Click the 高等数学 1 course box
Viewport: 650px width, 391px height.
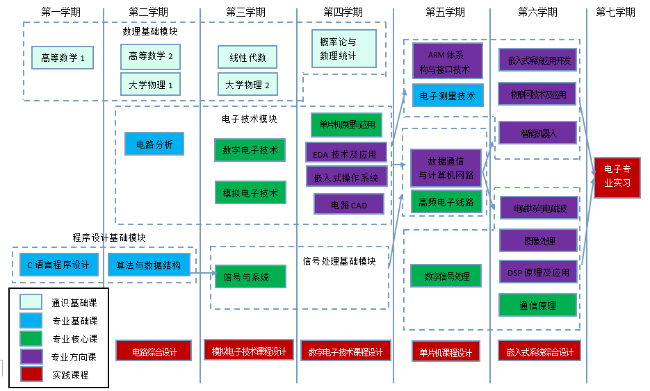tap(63, 58)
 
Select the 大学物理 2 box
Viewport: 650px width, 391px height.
tap(247, 85)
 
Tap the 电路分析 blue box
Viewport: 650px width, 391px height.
tap(154, 144)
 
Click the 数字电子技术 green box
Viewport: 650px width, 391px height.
tap(250, 149)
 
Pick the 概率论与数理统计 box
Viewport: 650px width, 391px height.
tap(343, 49)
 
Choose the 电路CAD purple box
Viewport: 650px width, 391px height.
tap(349, 204)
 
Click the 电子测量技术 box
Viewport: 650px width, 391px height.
tap(448, 96)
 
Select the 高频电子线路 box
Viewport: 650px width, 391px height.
tap(446, 201)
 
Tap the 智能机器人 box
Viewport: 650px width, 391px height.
tap(538, 132)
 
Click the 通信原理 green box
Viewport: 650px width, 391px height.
tap(537, 305)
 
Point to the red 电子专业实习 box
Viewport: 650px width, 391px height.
tap(617, 177)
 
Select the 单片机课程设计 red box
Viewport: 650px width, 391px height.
tap(446, 352)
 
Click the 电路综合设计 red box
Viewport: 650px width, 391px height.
tap(155, 351)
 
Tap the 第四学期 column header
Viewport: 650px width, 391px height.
tap(343, 12)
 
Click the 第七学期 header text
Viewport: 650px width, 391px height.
tap(615, 12)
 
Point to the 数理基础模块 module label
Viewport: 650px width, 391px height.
tap(150, 31)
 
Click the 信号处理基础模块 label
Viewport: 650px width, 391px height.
tap(339, 261)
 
